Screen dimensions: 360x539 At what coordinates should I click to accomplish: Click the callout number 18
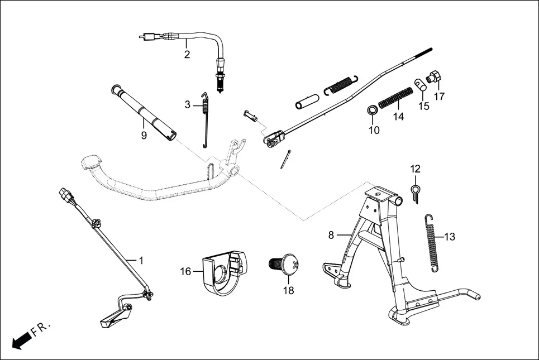288,290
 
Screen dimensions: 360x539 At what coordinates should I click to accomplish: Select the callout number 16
185,271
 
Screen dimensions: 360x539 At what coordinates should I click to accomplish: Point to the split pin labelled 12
416,191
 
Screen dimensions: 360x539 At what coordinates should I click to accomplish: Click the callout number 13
449,237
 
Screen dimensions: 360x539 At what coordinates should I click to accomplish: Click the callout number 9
144,135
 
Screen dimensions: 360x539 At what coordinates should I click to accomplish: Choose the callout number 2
187,55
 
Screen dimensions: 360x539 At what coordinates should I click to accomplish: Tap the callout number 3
188,104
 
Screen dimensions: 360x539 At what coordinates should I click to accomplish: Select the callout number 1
141,260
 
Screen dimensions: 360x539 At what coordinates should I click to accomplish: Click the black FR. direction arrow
21,340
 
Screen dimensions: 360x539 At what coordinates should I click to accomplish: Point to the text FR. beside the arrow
41,329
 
